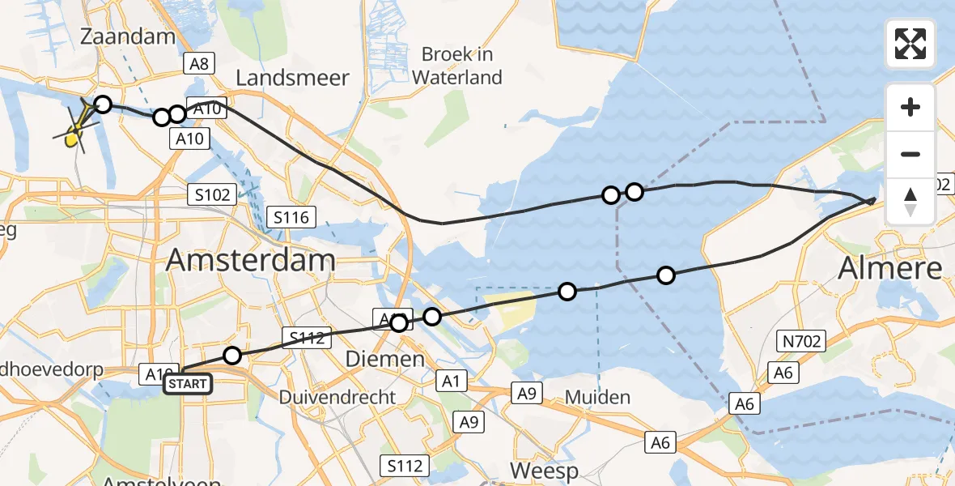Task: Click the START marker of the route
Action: pos(188,383)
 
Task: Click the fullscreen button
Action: pos(910,44)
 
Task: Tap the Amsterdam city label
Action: pos(251,261)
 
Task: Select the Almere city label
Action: pos(890,268)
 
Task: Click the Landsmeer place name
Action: pos(292,78)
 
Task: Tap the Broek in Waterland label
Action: pos(457,66)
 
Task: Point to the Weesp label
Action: pos(544,471)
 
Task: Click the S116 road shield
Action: pos(292,217)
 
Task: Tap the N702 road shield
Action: pos(801,343)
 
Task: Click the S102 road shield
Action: pos(213,194)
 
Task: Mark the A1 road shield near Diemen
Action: pos(452,380)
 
